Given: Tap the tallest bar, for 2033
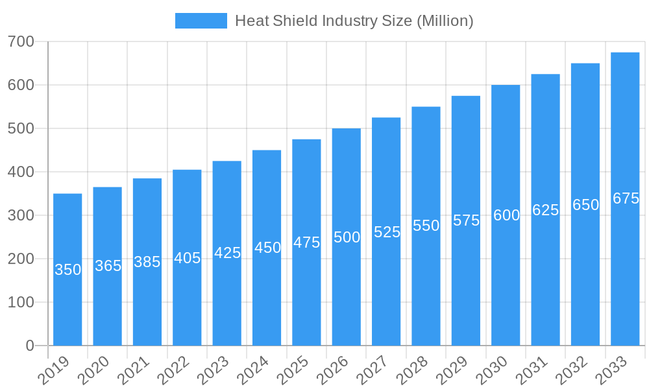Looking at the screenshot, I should [625, 259].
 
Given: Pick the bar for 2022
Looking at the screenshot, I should [187, 292].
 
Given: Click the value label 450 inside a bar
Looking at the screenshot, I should [267, 248].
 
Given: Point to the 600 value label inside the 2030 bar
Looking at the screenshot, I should [506, 215].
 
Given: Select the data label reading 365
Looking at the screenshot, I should [108, 266].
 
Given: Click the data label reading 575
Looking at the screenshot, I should [466, 220].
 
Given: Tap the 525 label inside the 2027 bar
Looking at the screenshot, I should [387, 232].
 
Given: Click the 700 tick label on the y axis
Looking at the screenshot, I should [21, 42].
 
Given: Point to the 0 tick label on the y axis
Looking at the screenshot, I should [30, 346].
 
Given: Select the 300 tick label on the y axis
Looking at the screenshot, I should [21, 216].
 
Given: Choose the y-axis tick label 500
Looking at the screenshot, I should [21, 129].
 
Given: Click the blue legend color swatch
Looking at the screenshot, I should [201, 21].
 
